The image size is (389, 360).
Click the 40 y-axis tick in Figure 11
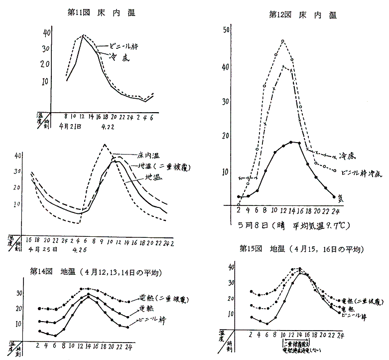pos(47,33)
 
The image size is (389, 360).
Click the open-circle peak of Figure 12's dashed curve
pos(283,41)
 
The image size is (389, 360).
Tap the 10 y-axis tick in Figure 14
pos(18,324)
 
